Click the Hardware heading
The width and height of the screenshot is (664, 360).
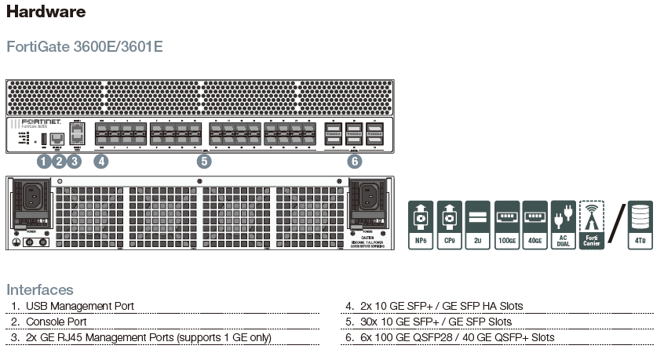click(x=46, y=12)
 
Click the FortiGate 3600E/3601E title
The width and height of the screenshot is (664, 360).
click(x=85, y=45)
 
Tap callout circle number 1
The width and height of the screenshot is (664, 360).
click(x=44, y=162)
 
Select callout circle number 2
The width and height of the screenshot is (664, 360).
click(x=59, y=162)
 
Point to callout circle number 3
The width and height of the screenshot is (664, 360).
click(x=74, y=162)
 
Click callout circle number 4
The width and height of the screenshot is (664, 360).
click(x=100, y=162)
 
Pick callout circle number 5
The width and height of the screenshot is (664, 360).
click(x=204, y=162)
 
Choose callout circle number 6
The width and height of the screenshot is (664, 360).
click(x=355, y=162)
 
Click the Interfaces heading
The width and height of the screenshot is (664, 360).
click(x=39, y=289)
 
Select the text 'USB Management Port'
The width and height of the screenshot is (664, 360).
click(x=80, y=306)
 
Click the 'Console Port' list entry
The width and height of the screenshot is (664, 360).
click(x=57, y=322)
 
